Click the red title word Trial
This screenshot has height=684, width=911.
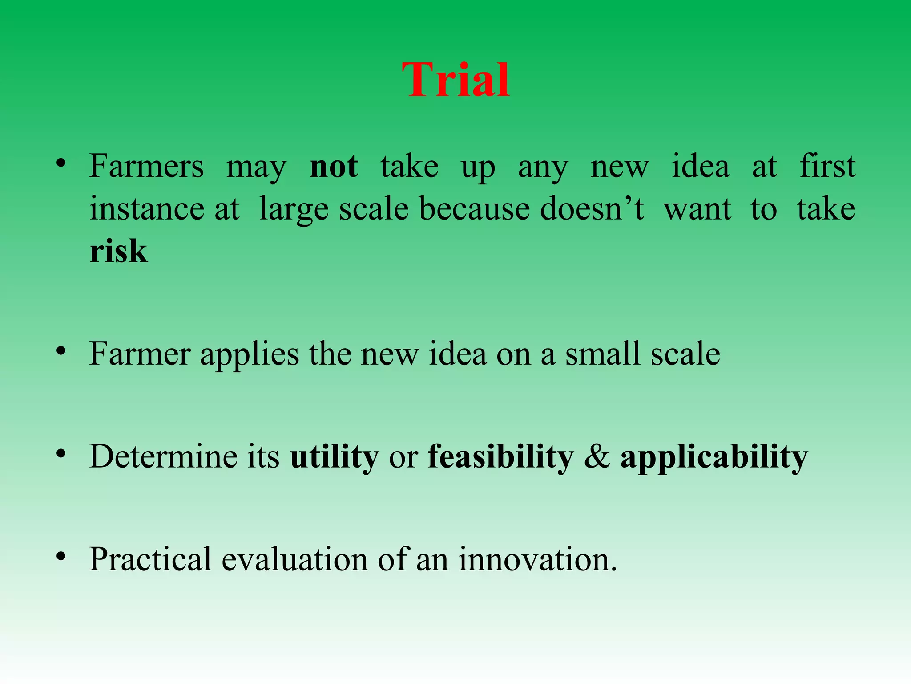[x=455, y=80]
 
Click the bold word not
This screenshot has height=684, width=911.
[x=334, y=167]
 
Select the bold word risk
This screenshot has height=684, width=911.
[x=118, y=251]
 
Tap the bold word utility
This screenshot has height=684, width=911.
[x=334, y=457]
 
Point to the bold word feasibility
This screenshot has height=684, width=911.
[x=500, y=457]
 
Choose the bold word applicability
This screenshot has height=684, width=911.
[x=713, y=457]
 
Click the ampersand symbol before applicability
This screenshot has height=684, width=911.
[x=597, y=457]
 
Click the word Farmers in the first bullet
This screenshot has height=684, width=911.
[x=146, y=167]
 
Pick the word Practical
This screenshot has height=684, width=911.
[x=150, y=559]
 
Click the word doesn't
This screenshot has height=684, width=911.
[x=592, y=209]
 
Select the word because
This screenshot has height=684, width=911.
[x=474, y=209]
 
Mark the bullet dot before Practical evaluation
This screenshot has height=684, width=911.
[x=61, y=556]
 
